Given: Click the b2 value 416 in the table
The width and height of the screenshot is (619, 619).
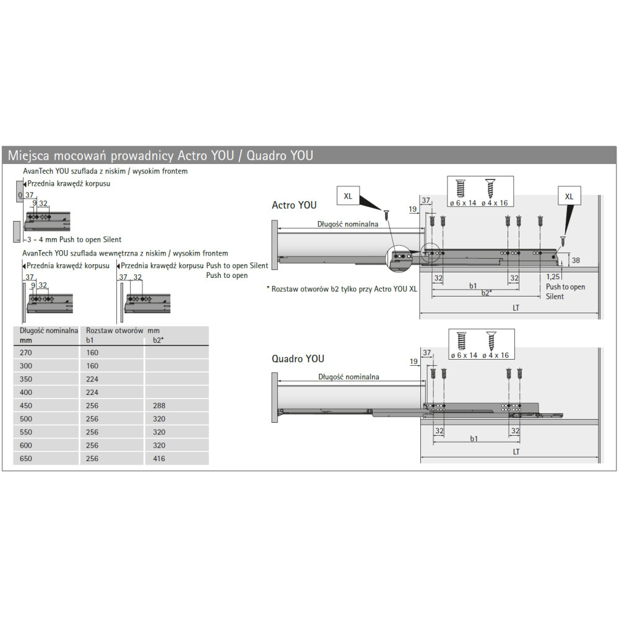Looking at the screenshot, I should click(159, 459).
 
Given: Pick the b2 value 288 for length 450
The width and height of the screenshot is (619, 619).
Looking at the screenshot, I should click(159, 405).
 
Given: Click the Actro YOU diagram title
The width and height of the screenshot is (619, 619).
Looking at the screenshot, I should click(294, 205).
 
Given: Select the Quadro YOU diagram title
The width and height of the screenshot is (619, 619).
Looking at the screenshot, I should click(298, 359).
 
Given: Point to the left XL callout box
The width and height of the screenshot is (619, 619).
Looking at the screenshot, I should click(348, 196).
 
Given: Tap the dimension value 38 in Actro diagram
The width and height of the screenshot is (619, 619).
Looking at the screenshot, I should click(575, 261).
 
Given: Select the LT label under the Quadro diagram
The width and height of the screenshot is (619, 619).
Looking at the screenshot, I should click(516, 452).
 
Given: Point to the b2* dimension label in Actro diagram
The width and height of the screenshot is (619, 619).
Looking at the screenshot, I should click(486, 292).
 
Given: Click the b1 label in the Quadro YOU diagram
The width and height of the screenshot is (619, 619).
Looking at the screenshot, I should click(474, 439).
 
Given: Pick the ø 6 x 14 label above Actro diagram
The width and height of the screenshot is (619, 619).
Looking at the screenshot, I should click(463, 202).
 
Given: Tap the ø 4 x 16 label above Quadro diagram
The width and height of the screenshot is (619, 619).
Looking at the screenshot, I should click(495, 355).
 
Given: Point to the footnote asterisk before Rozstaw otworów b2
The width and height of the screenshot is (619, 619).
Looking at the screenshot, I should click(268, 288).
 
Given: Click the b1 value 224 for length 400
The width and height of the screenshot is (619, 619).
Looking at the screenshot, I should click(92, 392).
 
